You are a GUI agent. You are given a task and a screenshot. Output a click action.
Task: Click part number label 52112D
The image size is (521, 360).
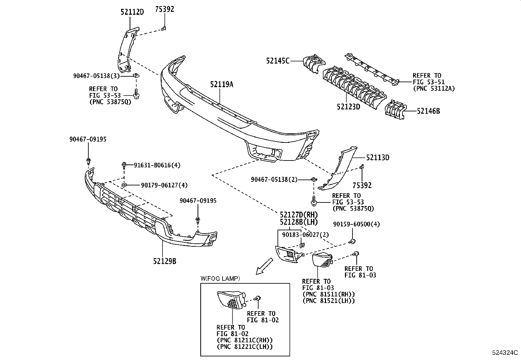point(132,12)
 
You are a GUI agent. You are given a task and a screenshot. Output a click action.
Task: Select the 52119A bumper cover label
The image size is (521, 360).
point(222,85)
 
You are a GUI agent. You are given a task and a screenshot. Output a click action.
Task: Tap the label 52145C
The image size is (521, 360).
point(278,61)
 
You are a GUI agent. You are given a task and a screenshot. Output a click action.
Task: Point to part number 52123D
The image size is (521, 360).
point(348,107)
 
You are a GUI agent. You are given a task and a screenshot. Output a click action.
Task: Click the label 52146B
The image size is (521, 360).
point(428,111)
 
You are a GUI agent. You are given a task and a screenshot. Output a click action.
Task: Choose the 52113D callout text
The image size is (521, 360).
point(378,158)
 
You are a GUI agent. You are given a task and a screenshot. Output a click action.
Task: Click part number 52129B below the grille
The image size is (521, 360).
point(165,261)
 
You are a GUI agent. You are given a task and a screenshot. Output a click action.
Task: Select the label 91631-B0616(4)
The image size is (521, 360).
point(157,165)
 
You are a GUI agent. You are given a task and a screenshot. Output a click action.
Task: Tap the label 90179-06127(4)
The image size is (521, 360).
point(164,185)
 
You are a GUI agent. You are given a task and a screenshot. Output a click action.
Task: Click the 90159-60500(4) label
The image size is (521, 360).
point(356,224)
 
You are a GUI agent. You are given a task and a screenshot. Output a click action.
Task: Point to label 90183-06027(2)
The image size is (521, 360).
point(305,235)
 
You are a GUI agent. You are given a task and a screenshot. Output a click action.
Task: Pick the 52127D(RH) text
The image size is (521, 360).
point(299,215)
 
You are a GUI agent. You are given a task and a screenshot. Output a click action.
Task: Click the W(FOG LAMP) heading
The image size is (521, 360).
point(220,278)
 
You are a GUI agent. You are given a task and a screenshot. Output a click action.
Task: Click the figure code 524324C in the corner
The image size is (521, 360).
point(505,353)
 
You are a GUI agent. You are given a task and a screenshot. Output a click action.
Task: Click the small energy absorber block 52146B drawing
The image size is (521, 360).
point(395,110)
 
